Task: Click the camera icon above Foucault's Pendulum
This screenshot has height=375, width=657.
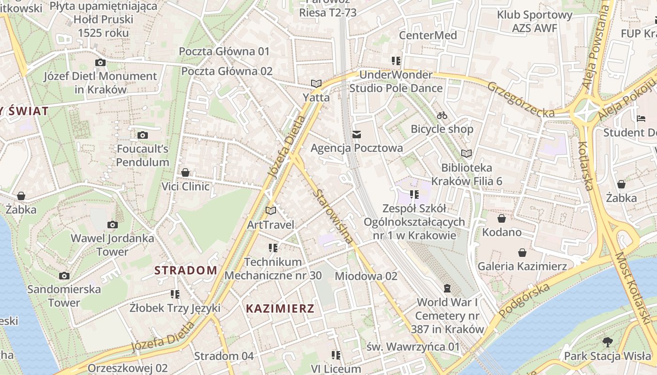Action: click(x=143, y=135)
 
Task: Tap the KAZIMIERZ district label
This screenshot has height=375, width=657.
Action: click(x=280, y=308)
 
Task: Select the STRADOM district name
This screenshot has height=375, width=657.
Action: click(x=186, y=270)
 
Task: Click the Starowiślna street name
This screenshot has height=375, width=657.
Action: click(x=334, y=216)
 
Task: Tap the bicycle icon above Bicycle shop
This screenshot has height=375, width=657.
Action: click(x=442, y=115)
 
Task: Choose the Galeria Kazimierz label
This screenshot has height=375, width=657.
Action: click(x=522, y=266)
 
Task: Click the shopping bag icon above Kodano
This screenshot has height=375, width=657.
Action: click(x=502, y=218)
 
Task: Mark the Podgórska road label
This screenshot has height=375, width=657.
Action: click(x=524, y=300)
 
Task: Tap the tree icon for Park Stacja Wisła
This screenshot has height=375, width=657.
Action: click(x=608, y=342)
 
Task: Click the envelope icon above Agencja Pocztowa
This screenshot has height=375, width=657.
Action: click(x=357, y=135)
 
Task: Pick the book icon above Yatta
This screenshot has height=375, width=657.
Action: click(x=316, y=84)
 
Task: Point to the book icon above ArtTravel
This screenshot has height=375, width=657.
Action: click(x=271, y=211)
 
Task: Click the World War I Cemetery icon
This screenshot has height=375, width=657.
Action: click(x=447, y=288)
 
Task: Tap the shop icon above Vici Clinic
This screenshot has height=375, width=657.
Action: click(x=185, y=172)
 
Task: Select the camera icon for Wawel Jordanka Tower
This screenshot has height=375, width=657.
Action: click(x=112, y=225)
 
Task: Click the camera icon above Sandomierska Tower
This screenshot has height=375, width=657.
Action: click(x=64, y=276)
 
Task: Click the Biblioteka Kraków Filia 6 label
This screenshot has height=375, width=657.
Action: click(x=466, y=174)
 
